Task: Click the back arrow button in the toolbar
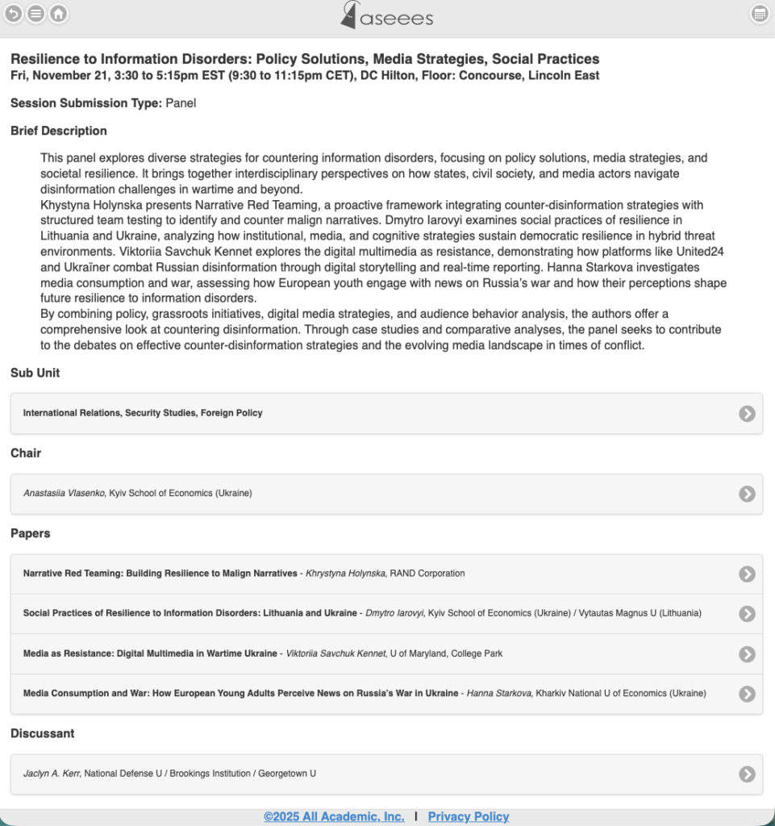(x=14, y=14)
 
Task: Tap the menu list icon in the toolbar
(x=36, y=14)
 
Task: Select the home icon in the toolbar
(x=58, y=14)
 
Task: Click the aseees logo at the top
(x=387, y=15)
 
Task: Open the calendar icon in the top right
(x=759, y=14)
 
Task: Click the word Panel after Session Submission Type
(x=181, y=103)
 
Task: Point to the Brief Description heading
(x=59, y=131)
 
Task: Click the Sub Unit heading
(x=35, y=373)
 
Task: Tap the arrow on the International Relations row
(x=747, y=414)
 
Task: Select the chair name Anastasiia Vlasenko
(x=65, y=493)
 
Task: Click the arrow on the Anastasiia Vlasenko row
(x=747, y=494)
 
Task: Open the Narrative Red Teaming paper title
(x=160, y=574)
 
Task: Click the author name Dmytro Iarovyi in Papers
(x=400, y=613)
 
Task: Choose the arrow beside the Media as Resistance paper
(x=747, y=654)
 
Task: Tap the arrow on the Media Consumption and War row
(x=747, y=694)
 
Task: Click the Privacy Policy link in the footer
(x=468, y=816)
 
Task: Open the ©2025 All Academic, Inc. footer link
(x=334, y=816)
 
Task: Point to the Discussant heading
(x=43, y=733)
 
